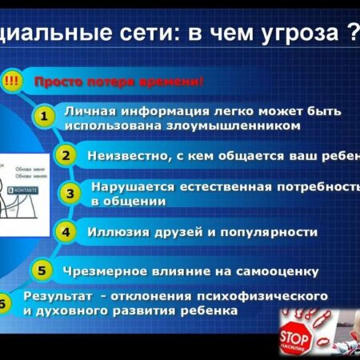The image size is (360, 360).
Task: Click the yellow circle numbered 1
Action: (x=46, y=117)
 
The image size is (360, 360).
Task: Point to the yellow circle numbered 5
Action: (x=43, y=270)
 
